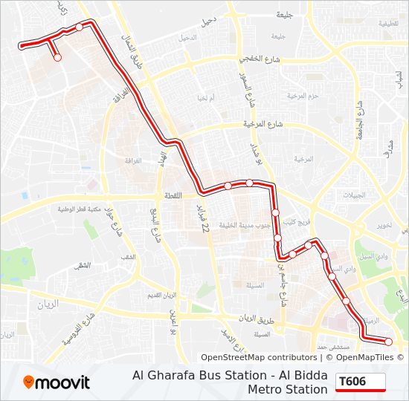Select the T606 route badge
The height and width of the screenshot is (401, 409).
coord(361,382)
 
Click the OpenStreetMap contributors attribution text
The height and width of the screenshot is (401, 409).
coord(258,357)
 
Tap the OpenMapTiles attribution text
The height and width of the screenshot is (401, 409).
coord(362,357)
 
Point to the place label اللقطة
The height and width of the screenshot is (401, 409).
coord(169,196)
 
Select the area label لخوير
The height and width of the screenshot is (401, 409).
coord(384,224)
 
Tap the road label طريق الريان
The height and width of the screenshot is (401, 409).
coord(257,319)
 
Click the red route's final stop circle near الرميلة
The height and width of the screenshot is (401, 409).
coord(388,342)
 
